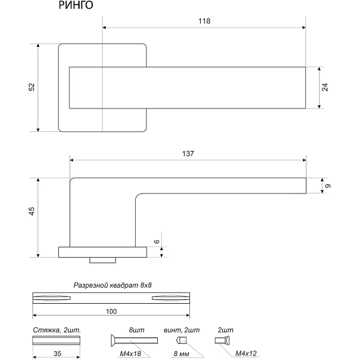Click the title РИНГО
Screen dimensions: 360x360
(x=76, y=5)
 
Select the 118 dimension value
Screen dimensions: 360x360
(x=204, y=21)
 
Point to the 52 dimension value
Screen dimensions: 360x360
(x=31, y=87)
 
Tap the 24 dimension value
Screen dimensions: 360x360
(x=325, y=87)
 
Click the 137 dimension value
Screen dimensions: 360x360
(x=188, y=154)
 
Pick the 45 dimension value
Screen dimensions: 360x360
(x=31, y=211)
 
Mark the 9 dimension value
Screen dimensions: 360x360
(x=329, y=186)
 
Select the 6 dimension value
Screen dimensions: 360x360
(x=157, y=242)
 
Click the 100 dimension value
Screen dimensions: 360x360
(x=111, y=311)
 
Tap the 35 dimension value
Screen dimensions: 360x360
(x=58, y=353)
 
